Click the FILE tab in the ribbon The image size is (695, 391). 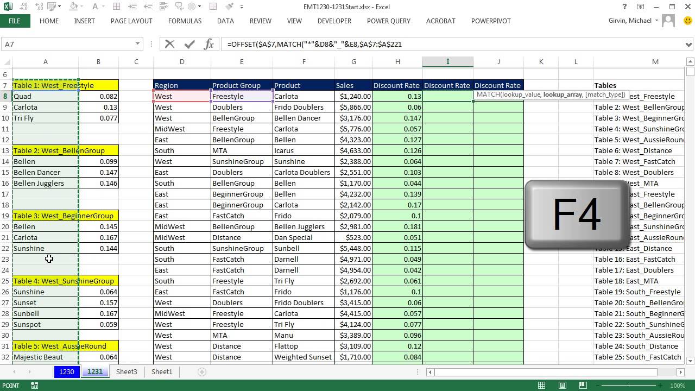(x=15, y=21)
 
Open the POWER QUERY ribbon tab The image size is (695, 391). (x=388, y=21)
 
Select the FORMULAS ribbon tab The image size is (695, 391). (x=185, y=21)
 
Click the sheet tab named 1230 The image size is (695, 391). (x=67, y=371)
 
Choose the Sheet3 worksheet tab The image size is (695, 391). (x=127, y=371)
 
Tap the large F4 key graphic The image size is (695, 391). (x=577, y=214)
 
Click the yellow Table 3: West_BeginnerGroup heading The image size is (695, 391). (x=64, y=216)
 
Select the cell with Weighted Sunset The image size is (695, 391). (x=303, y=357)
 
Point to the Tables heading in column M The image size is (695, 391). (x=605, y=85)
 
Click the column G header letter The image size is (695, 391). (x=353, y=62)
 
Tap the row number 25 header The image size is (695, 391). (x=5, y=281)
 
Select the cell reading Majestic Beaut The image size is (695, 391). (x=38, y=357)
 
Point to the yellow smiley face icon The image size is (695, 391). (x=688, y=21)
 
